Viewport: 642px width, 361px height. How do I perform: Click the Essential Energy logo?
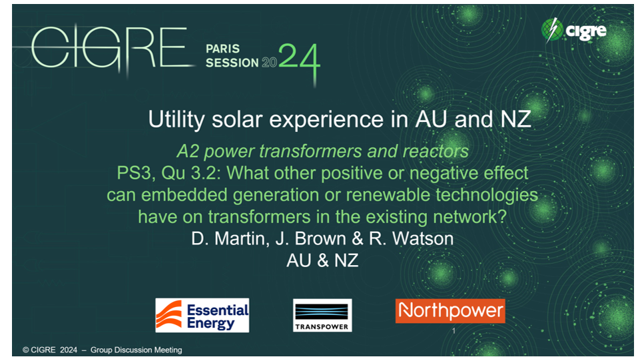pos(202,315)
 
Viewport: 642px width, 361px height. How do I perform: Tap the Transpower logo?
pos(322,315)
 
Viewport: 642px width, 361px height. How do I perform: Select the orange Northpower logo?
pos(450,310)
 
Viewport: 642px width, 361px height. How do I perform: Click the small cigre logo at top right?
pos(573,30)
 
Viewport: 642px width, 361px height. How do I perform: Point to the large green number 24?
pos(299,61)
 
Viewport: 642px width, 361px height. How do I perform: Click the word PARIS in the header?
pos(222,49)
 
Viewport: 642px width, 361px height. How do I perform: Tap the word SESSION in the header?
pos(232,63)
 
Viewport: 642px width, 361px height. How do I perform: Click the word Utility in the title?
pos(176,119)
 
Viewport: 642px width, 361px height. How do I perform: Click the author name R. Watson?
pos(411,238)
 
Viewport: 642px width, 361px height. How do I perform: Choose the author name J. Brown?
pos(311,238)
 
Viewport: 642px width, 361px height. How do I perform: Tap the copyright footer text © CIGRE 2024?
pos(50,350)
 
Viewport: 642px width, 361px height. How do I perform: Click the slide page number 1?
pos(454,330)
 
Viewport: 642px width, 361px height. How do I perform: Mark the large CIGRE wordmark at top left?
pos(109,47)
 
